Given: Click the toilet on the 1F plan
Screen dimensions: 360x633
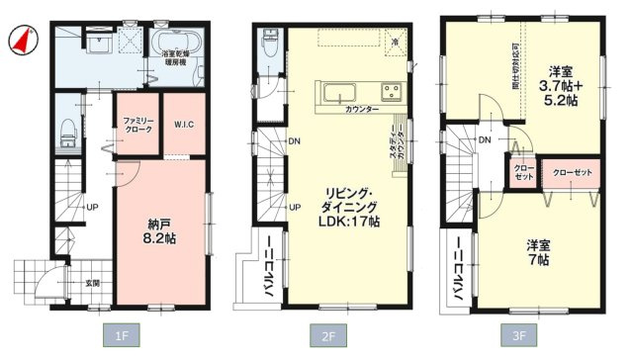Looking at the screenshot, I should [67, 131].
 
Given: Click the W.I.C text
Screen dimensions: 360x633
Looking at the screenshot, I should [183, 124].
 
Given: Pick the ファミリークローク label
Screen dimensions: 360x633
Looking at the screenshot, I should [137, 125].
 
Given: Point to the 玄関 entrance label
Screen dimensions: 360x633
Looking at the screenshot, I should [91, 284].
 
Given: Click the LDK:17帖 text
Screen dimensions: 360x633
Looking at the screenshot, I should [344, 221].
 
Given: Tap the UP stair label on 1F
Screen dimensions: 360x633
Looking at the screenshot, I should [92, 209].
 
